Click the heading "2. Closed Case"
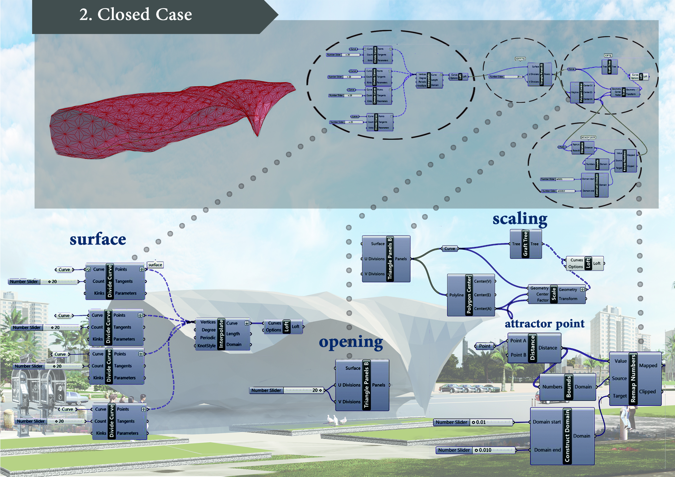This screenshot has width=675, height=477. (x=136, y=14)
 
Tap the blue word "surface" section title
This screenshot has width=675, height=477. (x=98, y=239)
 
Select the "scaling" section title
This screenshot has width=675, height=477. (x=520, y=219)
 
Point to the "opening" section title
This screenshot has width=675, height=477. (x=351, y=342)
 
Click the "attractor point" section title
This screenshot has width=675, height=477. (x=544, y=323)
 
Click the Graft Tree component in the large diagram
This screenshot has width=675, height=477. (x=526, y=244)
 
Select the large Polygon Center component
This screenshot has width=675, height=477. (x=471, y=295)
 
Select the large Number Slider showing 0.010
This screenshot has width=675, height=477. (x=475, y=450)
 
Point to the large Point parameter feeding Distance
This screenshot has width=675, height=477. (x=484, y=346)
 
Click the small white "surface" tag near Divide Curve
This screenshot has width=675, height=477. (x=155, y=265)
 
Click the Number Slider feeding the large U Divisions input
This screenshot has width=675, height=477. (x=286, y=390)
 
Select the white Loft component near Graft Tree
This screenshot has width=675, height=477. (x=585, y=264)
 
